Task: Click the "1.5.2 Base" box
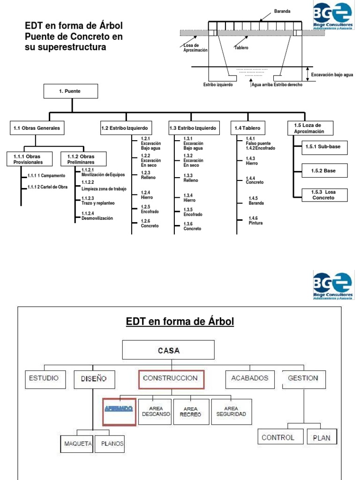click(x=324, y=171)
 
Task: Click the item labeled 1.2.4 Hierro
click(x=146, y=195)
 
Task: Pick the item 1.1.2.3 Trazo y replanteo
click(x=97, y=201)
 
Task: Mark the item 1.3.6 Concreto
click(x=192, y=226)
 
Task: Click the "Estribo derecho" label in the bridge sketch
click(x=288, y=85)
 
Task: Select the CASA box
click(x=168, y=350)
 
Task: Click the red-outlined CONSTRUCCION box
click(x=172, y=379)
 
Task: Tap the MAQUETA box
click(x=77, y=443)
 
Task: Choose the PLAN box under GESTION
click(x=322, y=437)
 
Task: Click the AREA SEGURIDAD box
click(x=231, y=411)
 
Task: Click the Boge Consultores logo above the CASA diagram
click(x=333, y=285)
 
